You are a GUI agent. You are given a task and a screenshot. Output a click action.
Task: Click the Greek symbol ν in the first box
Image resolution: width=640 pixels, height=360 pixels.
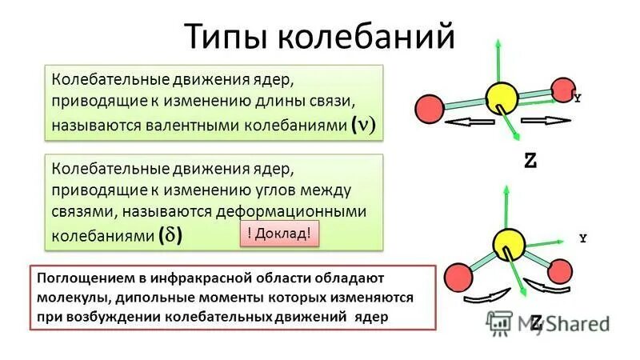coord(366,126)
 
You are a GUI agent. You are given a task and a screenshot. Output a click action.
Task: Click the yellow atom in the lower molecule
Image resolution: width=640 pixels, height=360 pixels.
coord(508,242)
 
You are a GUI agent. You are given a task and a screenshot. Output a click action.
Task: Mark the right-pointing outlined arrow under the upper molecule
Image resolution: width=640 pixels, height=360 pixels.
coord(546,121)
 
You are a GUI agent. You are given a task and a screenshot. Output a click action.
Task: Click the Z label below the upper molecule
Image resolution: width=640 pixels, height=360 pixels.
coord(530,160)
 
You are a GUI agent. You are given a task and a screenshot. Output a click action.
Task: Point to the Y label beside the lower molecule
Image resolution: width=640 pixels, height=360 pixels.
coord(583,238)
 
